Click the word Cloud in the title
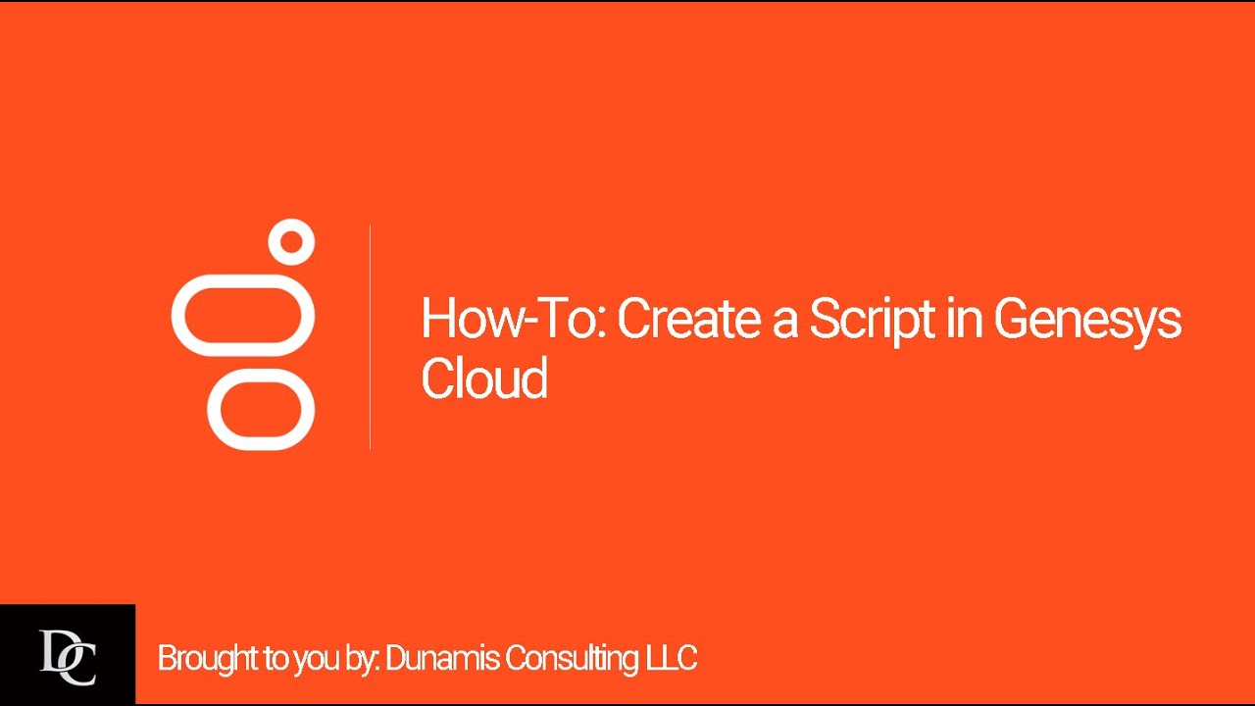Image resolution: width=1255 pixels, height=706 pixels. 483,378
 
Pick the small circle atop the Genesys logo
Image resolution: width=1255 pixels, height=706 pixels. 291,241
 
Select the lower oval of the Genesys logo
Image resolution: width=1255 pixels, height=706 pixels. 261,410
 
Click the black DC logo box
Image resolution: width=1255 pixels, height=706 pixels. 68,655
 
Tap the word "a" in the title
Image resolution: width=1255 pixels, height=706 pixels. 785,324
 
